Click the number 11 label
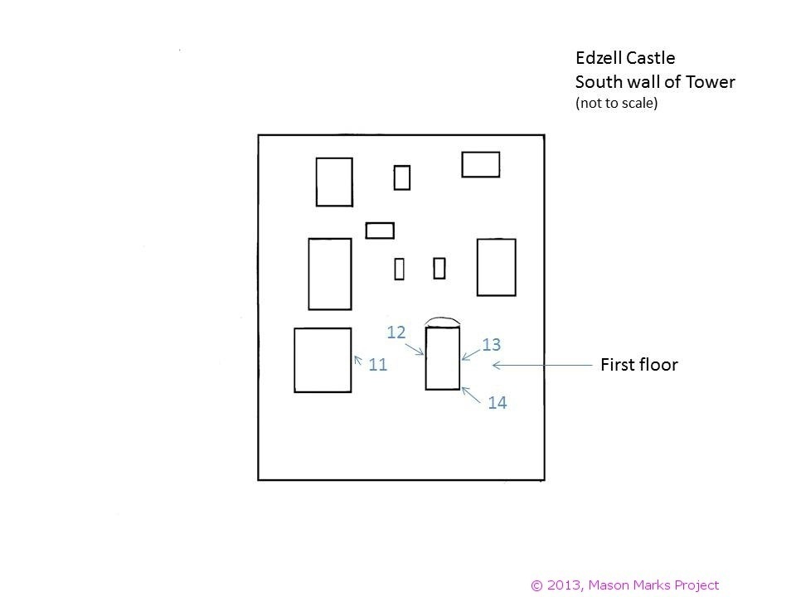(x=378, y=364)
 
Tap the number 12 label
(x=396, y=332)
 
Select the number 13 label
(x=491, y=344)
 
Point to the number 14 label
(x=498, y=403)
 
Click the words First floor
(x=638, y=365)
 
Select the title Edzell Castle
(x=625, y=58)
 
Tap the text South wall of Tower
(x=655, y=82)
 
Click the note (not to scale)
(x=616, y=104)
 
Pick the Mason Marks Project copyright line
(x=624, y=585)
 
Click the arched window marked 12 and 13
(x=442, y=358)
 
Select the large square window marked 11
(x=323, y=360)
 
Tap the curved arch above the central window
(x=442, y=319)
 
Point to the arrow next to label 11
(x=358, y=360)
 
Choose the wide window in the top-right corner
(x=481, y=164)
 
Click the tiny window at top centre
(x=402, y=177)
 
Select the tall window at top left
(x=334, y=182)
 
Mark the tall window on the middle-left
(x=329, y=274)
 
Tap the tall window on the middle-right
(x=496, y=267)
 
